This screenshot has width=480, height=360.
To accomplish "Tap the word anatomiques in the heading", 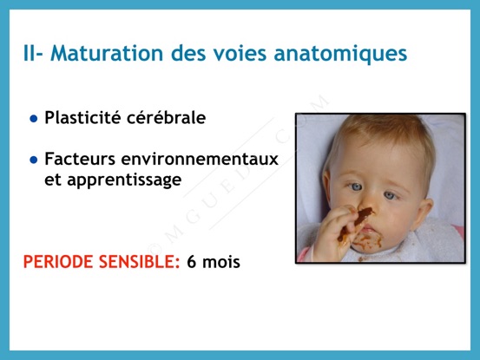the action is coord(340,55).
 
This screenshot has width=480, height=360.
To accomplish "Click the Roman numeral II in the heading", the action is coord(30,53).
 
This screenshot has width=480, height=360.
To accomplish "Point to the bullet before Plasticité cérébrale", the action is coord(34,119).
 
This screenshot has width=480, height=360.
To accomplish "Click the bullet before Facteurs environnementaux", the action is coord(34,160).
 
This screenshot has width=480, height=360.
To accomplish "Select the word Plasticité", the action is coord(82,117).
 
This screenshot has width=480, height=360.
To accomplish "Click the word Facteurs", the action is coord(80,159).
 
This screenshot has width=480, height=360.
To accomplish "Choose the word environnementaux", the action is coord(200,160).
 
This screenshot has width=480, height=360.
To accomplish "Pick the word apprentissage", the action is coord(124,180).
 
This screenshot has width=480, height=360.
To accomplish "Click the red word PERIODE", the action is coord(58,262).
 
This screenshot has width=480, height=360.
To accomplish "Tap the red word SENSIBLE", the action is coord(139,262).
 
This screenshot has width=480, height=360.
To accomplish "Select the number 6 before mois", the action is coord(191,262).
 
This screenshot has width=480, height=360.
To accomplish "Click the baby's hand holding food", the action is coord(334,232).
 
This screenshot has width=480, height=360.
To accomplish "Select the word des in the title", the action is coord(188,53).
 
